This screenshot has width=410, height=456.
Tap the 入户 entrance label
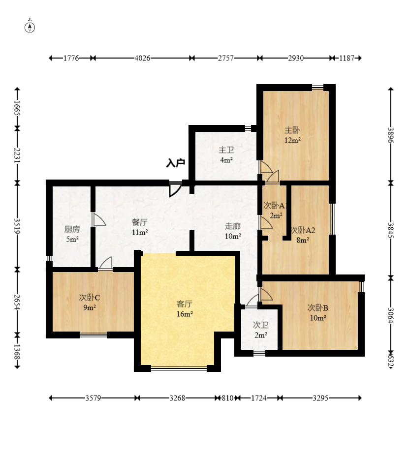click(x=176, y=163)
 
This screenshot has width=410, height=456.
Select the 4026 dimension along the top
click(x=142, y=58)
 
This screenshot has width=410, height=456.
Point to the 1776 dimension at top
click(x=71, y=58)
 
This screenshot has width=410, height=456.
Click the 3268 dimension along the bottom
click(x=177, y=398)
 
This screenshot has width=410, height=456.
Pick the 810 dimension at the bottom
click(x=227, y=398)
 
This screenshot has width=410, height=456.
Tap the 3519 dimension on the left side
click(x=17, y=226)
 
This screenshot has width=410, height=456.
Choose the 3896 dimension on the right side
click(x=391, y=135)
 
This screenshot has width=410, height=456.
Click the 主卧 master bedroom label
click(x=292, y=130)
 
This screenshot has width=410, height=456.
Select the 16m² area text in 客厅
click(x=185, y=314)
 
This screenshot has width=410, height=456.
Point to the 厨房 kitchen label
click(x=72, y=229)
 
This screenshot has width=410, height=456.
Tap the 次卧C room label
click(x=89, y=298)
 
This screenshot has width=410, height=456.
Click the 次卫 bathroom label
click(x=261, y=325)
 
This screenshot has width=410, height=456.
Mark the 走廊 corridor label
click(x=233, y=226)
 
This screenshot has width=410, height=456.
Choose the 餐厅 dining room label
click(x=140, y=222)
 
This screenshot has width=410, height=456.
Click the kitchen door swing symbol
click(x=99, y=219)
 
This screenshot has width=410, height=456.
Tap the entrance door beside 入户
click(x=175, y=189)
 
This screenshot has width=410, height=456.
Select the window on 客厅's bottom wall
click(x=179, y=369)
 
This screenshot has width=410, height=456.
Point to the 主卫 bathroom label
click(x=226, y=150)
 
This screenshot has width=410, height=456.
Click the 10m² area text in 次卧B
click(x=318, y=318)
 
